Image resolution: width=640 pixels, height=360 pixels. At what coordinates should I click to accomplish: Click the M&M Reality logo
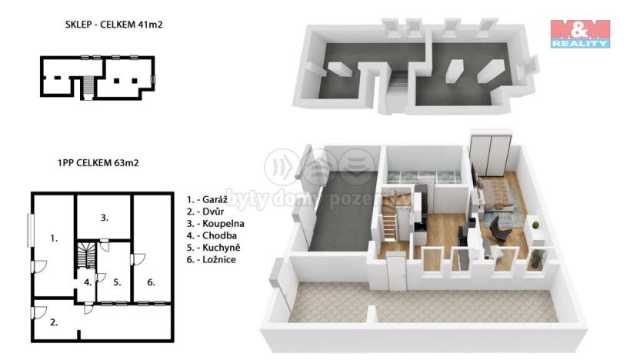(579, 33)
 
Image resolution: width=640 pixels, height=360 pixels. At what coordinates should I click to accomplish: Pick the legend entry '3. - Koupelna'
(215, 223)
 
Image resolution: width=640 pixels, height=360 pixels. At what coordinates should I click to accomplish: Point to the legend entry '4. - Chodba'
(212, 235)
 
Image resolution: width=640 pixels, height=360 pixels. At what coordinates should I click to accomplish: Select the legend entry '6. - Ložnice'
(212, 260)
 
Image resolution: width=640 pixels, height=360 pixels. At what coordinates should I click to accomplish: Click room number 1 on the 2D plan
(54, 238)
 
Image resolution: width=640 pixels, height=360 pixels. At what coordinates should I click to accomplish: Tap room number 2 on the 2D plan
(54, 322)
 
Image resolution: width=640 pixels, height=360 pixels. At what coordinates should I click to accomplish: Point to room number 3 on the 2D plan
(104, 218)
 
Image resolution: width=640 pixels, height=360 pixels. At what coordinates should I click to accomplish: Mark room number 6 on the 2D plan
(151, 282)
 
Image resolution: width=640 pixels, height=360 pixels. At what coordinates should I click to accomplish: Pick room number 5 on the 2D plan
(117, 282)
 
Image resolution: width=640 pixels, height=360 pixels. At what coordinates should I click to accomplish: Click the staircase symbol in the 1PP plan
(86, 255)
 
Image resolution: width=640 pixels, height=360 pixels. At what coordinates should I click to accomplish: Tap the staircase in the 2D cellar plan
(87, 87)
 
